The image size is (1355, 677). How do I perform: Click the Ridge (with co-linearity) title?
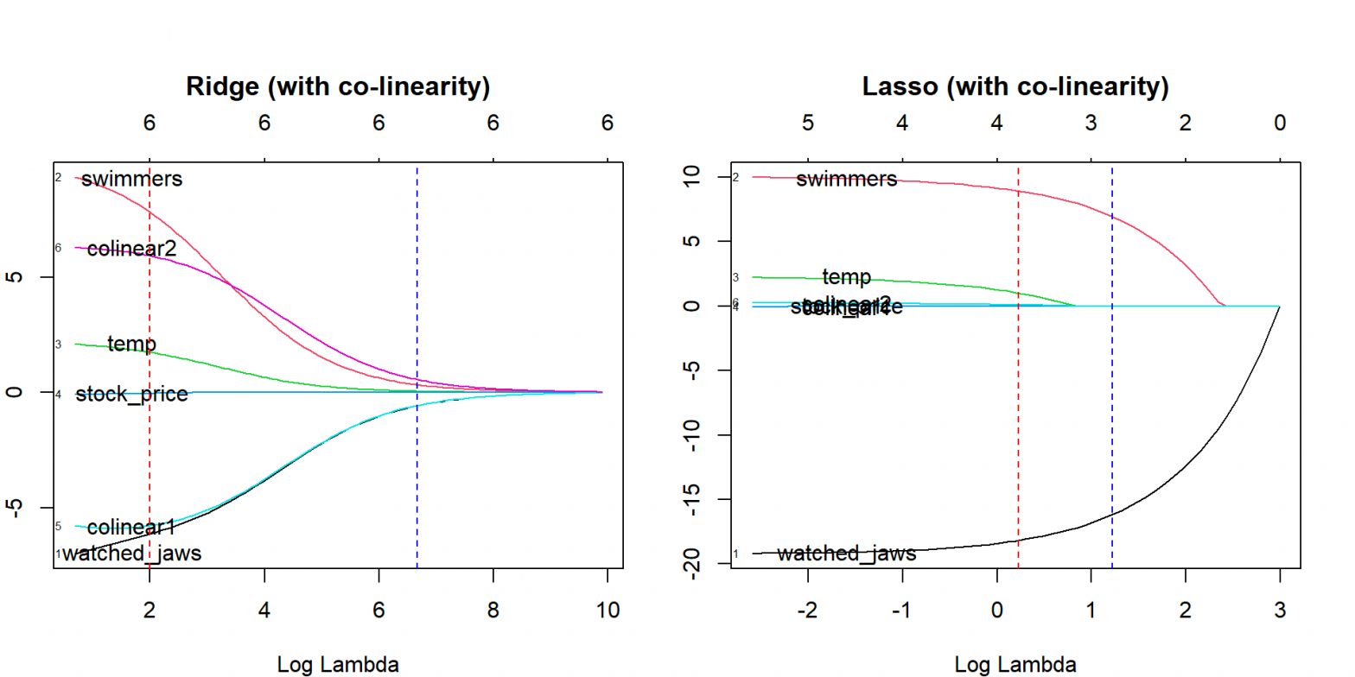pos(338,87)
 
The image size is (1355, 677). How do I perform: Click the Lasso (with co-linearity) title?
pos(1015,87)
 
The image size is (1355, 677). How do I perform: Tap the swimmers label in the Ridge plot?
pos(132,180)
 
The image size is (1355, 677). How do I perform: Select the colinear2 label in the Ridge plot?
pos(131,249)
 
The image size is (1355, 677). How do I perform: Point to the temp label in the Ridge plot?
pos(131,345)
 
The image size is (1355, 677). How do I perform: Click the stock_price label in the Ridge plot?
pos(131,395)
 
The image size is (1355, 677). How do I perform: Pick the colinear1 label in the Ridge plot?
pos(131,527)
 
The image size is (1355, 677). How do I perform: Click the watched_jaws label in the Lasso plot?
pos(846,554)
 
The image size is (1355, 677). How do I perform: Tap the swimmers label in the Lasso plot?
pos(846,180)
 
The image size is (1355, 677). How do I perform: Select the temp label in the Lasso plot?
pos(846,277)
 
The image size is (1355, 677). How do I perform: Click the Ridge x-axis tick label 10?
pos(607,610)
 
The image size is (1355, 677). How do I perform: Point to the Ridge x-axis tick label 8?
pos(493,610)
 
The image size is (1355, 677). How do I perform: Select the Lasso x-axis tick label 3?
pos(1280,610)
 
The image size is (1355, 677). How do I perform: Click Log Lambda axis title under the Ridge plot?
pos(338,665)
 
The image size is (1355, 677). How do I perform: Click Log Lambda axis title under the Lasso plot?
pos(1015,665)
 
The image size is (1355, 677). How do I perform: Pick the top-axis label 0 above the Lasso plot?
pos(1280,123)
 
